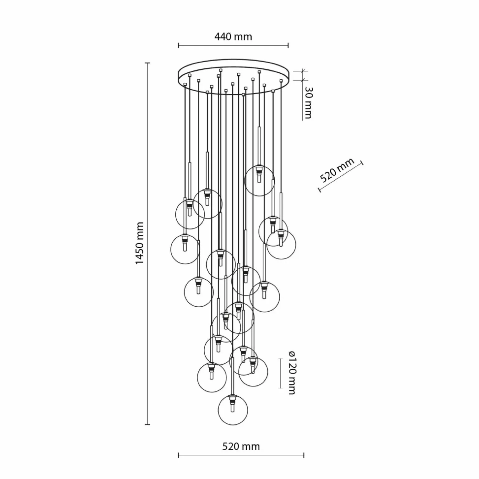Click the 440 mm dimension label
tap(233, 37)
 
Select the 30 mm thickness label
tap(308, 103)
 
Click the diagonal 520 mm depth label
tap(337, 170)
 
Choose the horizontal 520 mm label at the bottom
tap(241, 447)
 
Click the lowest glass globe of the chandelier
tap(233, 410)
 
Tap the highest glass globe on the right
tap(259, 181)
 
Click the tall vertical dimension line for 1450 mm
tap(148, 244)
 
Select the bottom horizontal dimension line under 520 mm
tap(241, 456)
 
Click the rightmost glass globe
tap(281, 245)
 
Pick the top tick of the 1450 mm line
tap(148, 63)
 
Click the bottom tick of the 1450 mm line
tap(148, 424)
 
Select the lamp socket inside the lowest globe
tap(232, 403)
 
